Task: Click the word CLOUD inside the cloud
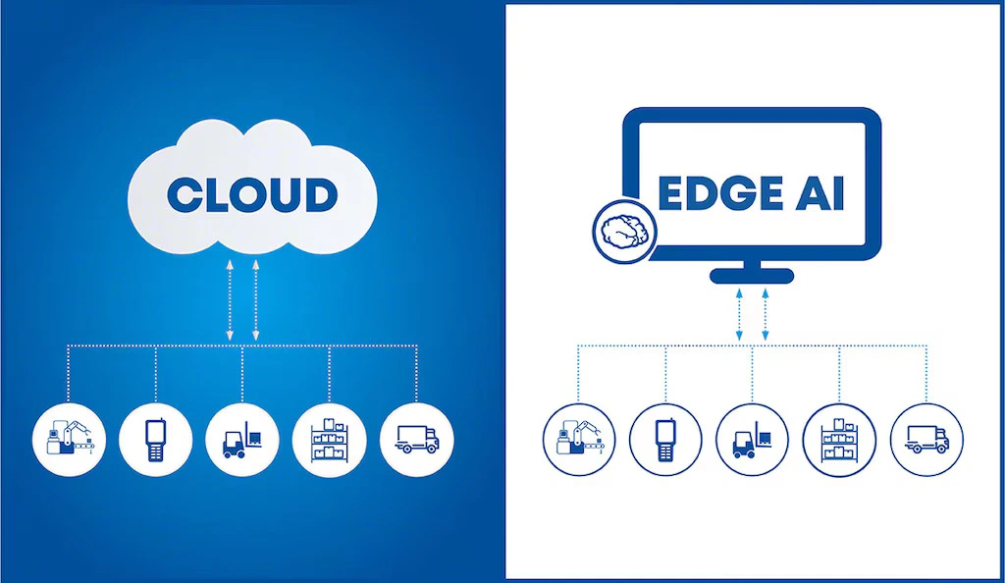[x=251, y=194]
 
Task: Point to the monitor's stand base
[x=752, y=276]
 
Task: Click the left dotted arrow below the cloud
[x=230, y=299]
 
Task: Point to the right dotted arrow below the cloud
[x=256, y=299]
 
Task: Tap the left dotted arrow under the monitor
[x=739, y=314]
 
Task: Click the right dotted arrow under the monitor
[x=766, y=314]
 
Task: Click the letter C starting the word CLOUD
[x=184, y=194]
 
